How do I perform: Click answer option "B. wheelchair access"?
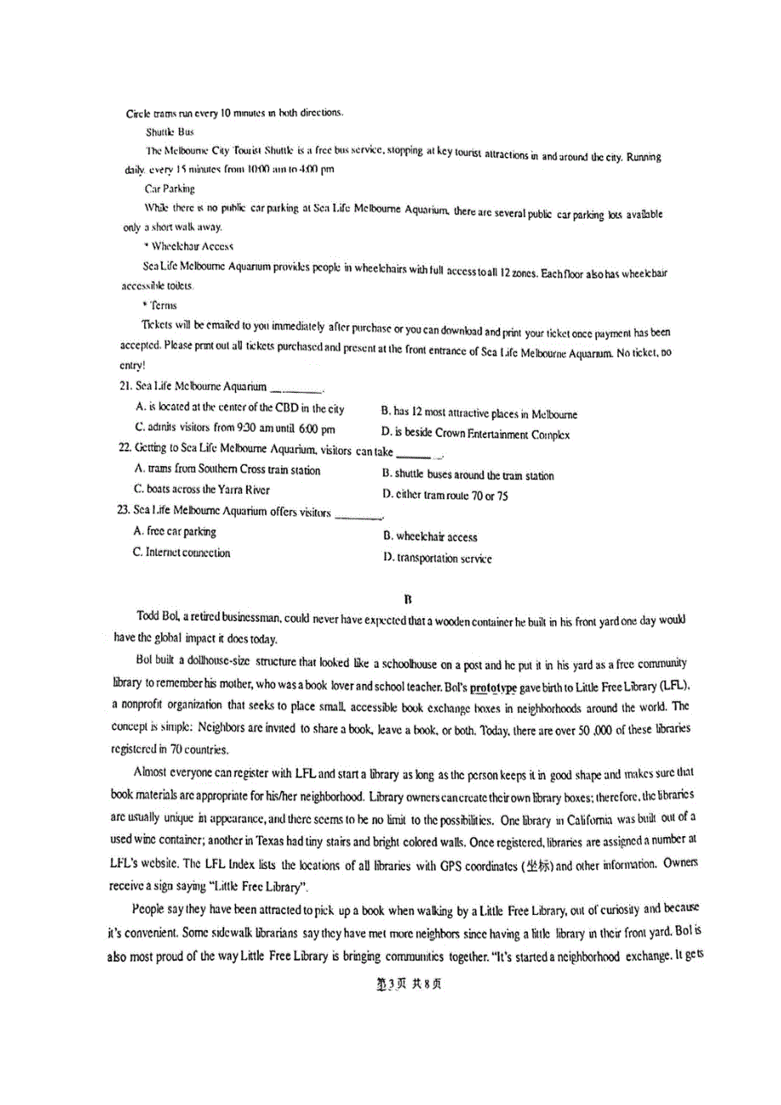pos(430,537)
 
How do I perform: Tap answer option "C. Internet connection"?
pos(182,552)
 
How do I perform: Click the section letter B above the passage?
pos(408,599)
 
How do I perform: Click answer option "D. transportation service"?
pos(437,558)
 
